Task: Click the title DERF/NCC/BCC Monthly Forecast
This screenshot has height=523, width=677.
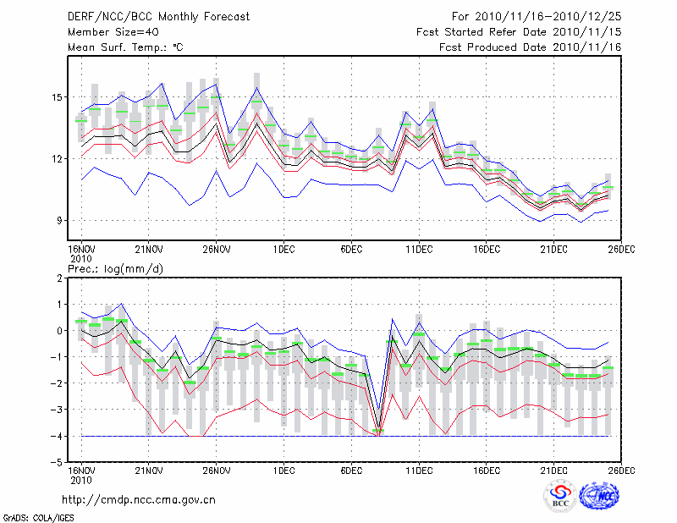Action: (x=158, y=16)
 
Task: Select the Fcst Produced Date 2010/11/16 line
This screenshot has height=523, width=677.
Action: (x=531, y=47)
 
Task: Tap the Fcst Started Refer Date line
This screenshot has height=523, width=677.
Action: (x=519, y=32)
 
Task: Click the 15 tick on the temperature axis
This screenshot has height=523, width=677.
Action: (x=56, y=97)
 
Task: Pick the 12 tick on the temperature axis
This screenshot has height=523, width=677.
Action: (x=56, y=159)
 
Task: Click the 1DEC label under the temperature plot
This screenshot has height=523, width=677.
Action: (x=283, y=250)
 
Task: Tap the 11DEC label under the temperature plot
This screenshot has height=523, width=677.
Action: (x=419, y=250)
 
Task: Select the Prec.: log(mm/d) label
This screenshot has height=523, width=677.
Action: (x=117, y=268)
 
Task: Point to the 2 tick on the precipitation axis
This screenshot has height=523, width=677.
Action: (x=60, y=278)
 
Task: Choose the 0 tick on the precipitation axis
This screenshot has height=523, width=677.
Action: (x=60, y=331)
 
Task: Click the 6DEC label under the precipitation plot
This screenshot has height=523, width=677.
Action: (x=351, y=471)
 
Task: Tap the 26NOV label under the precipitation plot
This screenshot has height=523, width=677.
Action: (x=216, y=471)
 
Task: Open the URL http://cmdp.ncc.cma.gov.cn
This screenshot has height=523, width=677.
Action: (x=140, y=499)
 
